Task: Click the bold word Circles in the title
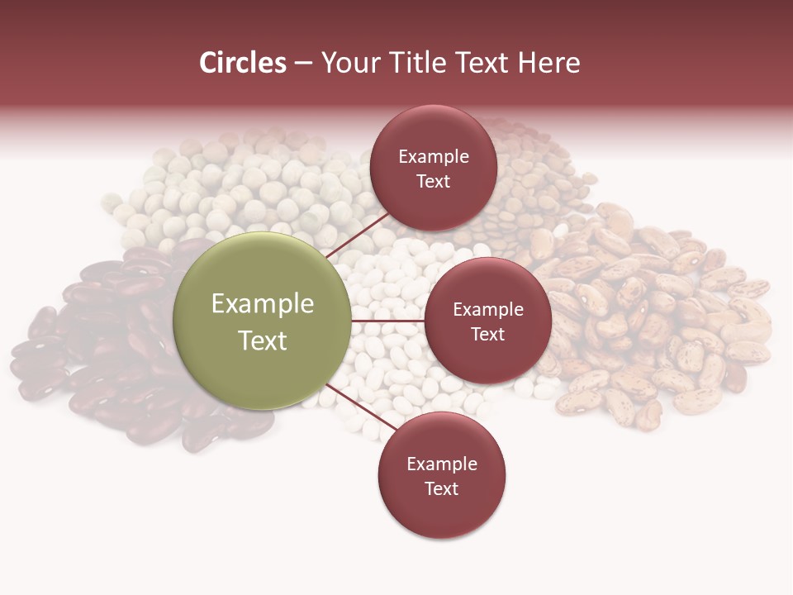pyautogui.click(x=243, y=63)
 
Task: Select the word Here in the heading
pyautogui.click(x=548, y=63)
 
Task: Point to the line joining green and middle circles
pyautogui.click(x=387, y=321)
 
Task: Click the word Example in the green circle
pyautogui.click(x=263, y=304)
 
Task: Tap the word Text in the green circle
pyautogui.click(x=263, y=340)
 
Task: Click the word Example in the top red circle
pyautogui.click(x=434, y=156)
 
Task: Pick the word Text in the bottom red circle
pyautogui.click(x=442, y=488)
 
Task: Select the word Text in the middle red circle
pyautogui.click(x=488, y=334)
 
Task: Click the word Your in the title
pyautogui.click(x=346, y=63)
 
